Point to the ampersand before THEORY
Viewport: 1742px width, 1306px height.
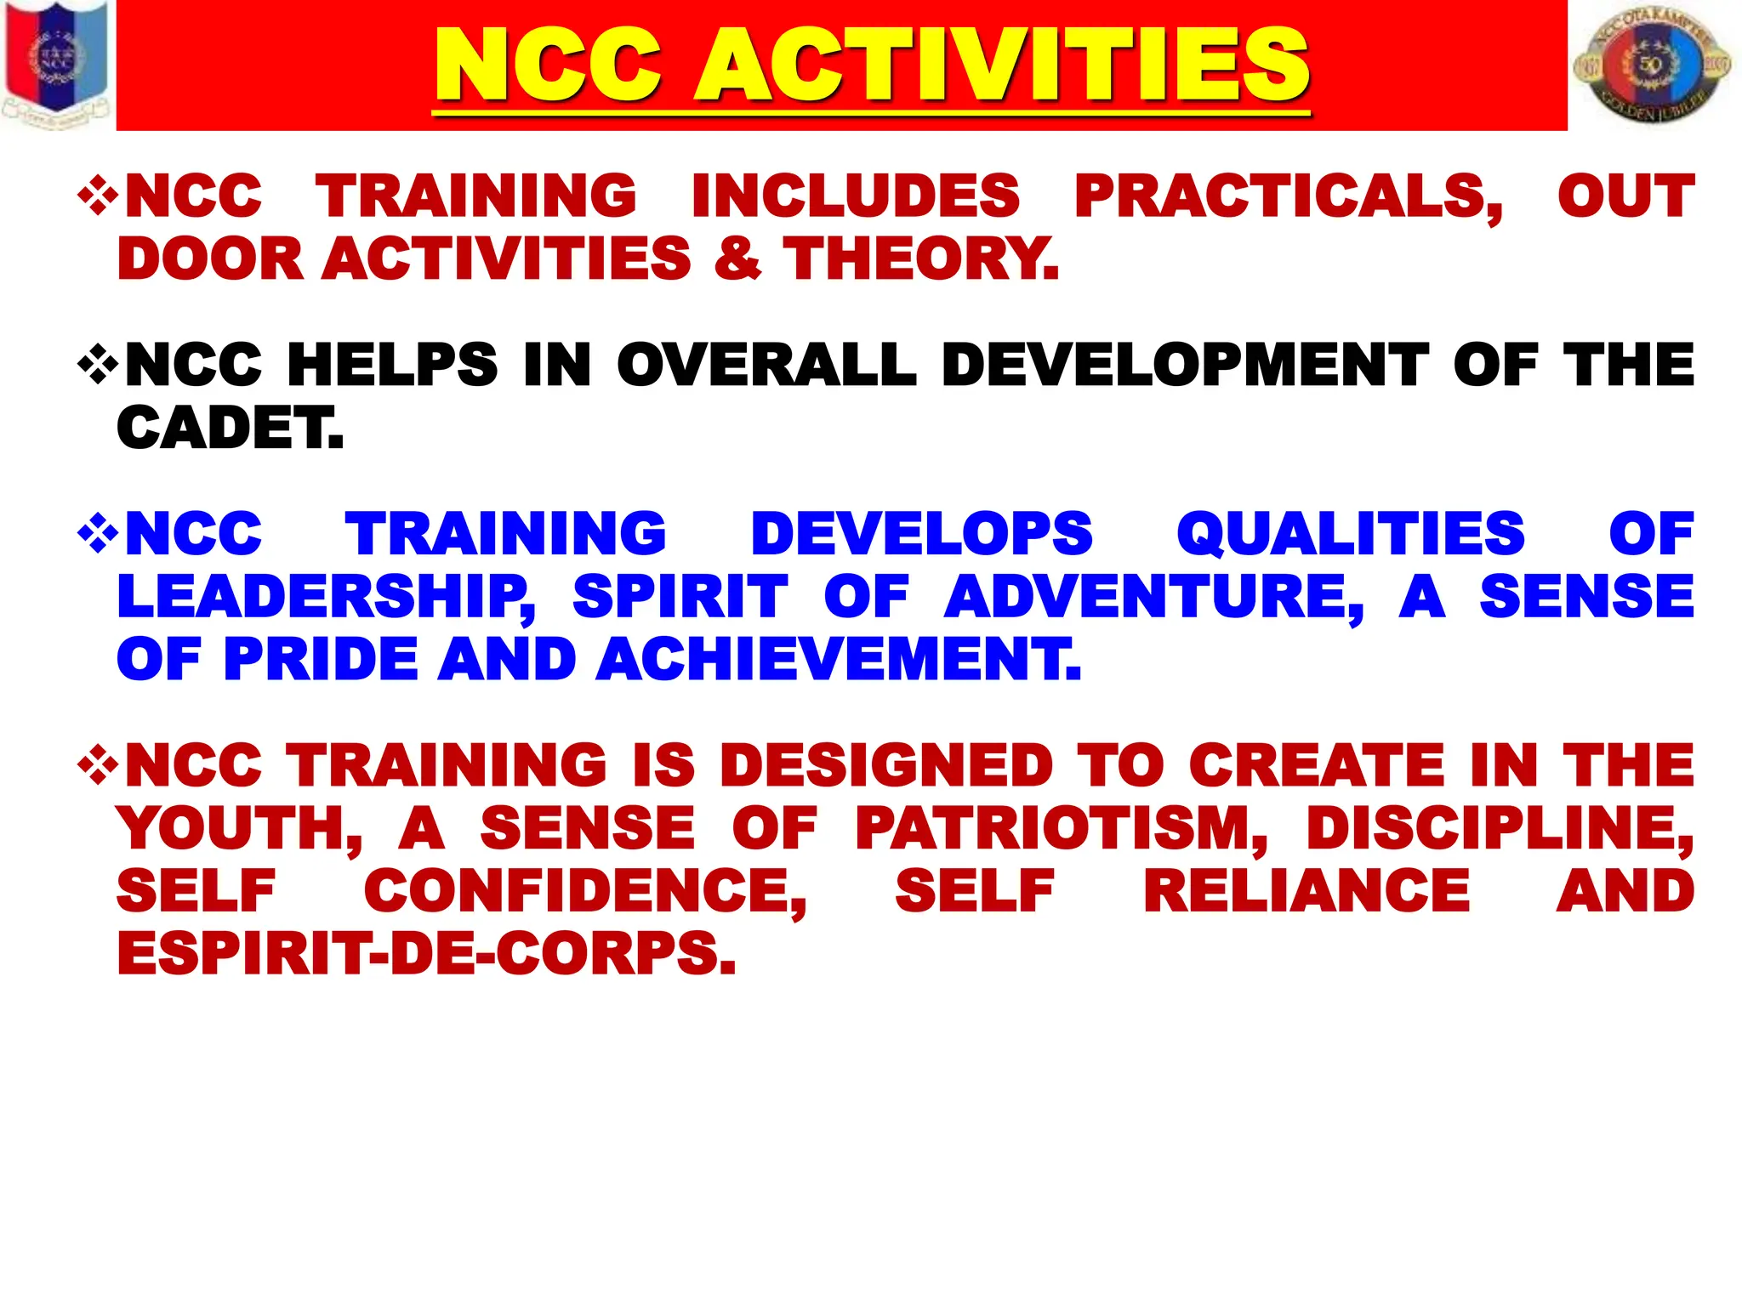(737, 258)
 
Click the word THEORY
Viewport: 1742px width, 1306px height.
(921, 258)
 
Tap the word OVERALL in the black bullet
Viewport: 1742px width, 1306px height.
(766, 365)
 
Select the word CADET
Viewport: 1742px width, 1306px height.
(230, 428)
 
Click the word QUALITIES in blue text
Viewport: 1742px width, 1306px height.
(1351, 534)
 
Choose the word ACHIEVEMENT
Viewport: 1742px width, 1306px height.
(838, 659)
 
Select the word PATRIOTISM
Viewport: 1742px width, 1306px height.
(1062, 828)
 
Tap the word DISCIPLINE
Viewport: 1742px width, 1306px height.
(1500, 828)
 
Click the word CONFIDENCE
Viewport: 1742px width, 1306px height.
(585, 891)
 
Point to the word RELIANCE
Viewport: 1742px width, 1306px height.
(1306, 891)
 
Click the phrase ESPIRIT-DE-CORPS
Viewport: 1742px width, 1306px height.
(425, 954)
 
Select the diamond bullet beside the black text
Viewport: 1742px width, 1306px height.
(98, 365)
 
